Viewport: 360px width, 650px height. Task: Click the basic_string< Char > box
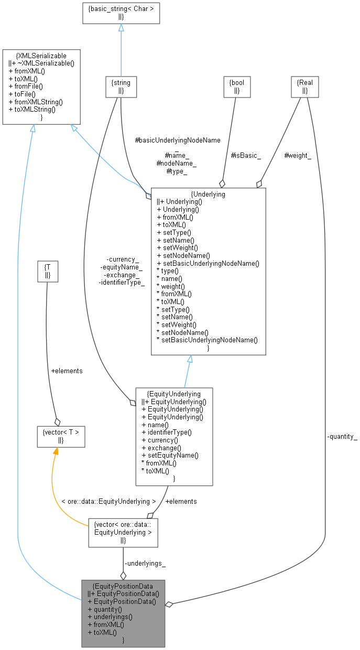click(121, 13)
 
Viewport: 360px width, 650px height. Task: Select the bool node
click(236, 86)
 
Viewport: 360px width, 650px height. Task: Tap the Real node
click(304, 86)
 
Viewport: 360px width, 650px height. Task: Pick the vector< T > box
click(60, 436)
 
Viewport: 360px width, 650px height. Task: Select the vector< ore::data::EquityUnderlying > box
click(123, 533)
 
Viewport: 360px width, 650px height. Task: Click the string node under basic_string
click(121, 86)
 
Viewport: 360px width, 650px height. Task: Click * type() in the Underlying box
click(168, 270)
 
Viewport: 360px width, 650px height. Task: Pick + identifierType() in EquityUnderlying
click(167, 432)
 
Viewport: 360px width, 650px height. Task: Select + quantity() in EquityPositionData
click(105, 609)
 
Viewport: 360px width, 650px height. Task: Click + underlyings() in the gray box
click(110, 617)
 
